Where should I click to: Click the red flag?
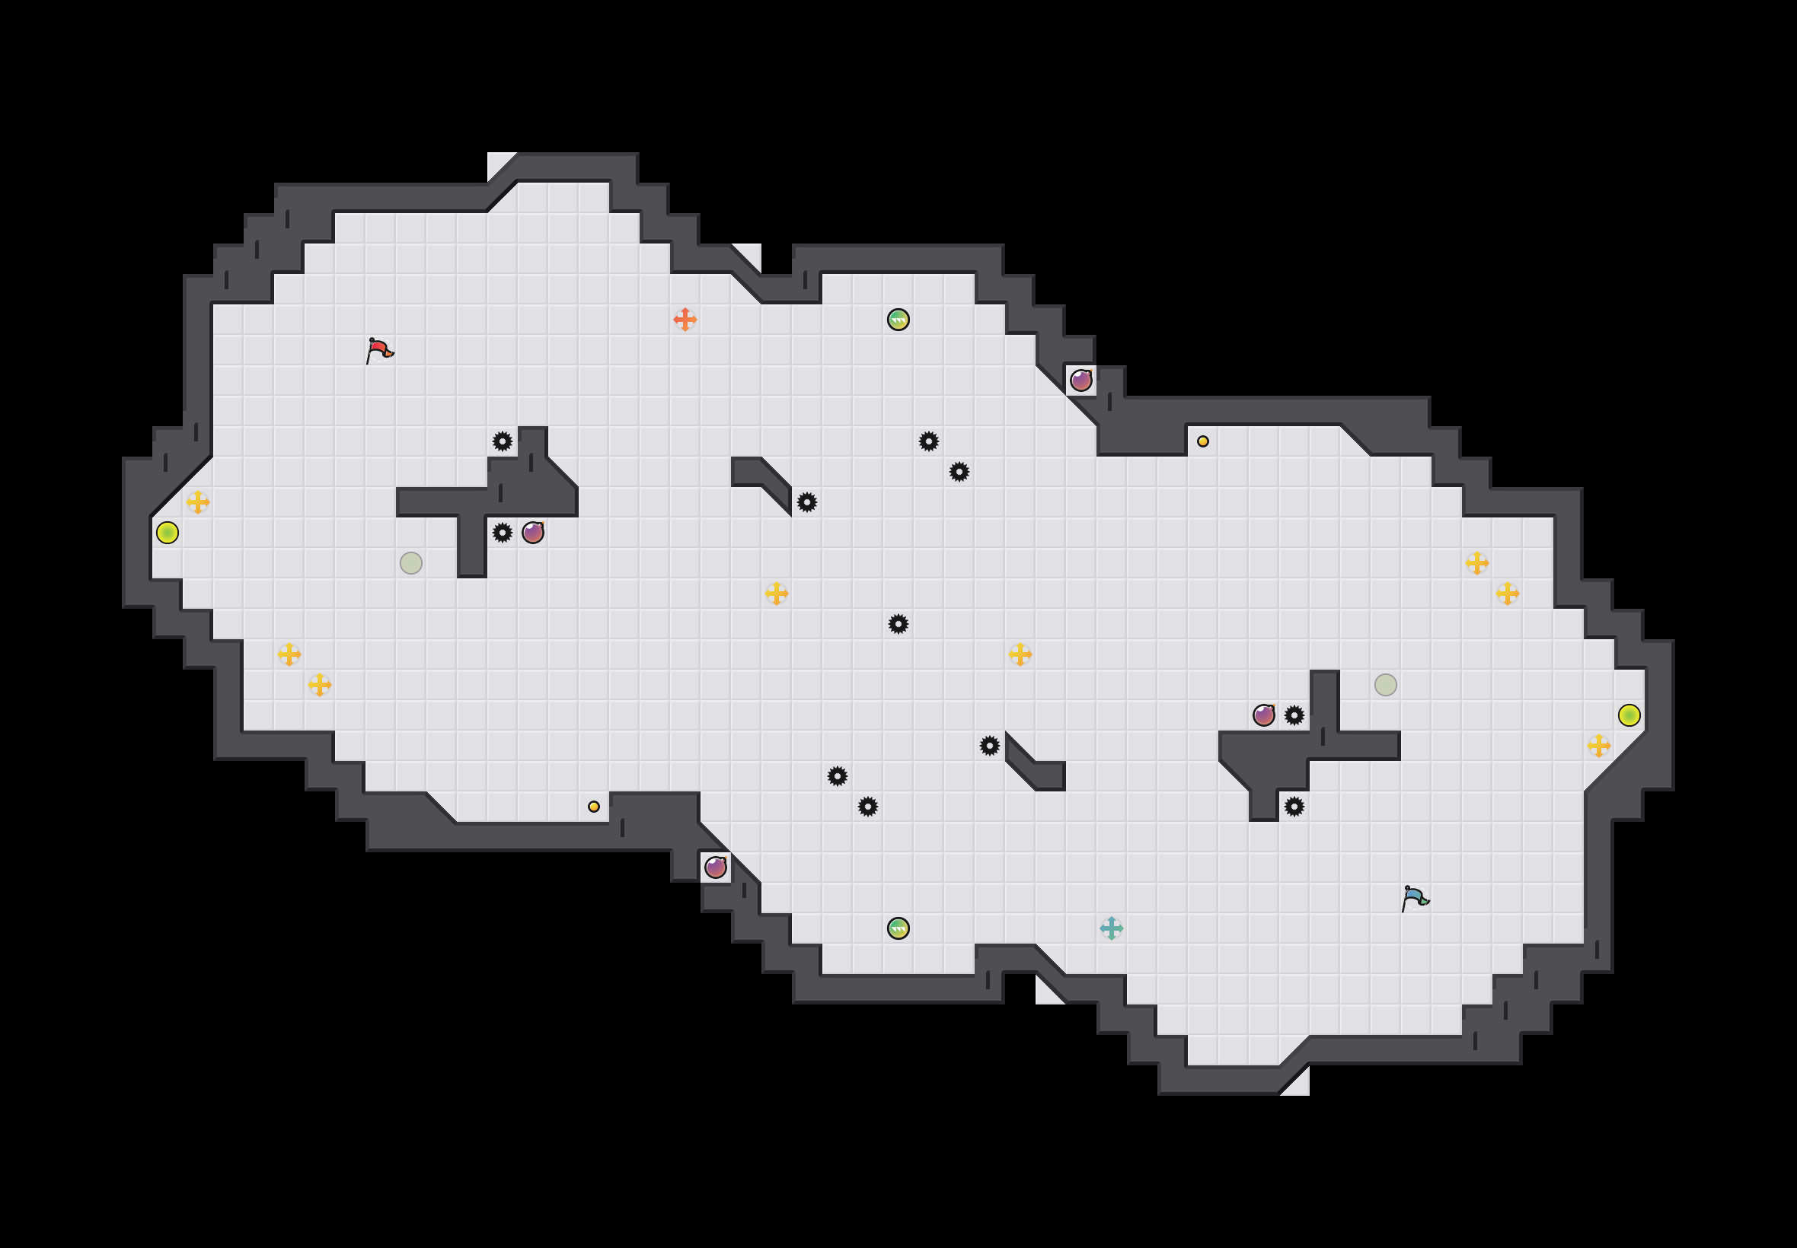pos(379,350)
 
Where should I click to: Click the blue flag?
pos(1415,898)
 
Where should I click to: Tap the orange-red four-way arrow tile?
pos(685,319)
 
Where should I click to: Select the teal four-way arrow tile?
pos(1111,928)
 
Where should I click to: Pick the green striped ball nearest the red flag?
pos(898,319)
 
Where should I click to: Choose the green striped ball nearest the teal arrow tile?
pos(898,928)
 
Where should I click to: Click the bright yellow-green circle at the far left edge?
pos(168,533)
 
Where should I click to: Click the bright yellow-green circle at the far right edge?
pos(1629,715)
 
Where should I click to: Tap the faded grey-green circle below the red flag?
pos(410,563)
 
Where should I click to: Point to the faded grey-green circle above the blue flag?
pos(1386,685)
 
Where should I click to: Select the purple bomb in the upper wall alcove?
pos(1081,380)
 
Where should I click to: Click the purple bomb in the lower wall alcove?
pos(715,868)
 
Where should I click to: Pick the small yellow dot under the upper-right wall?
pos(1202,441)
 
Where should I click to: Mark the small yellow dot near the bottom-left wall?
pos(594,806)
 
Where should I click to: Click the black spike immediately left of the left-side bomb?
pos(503,533)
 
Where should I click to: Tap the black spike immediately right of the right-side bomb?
pos(1294,715)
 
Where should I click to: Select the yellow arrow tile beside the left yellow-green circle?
pos(198,502)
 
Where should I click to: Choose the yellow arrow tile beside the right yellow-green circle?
pos(1598,745)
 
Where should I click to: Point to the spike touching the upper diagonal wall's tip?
pos(806,502)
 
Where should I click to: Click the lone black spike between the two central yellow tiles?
pos(898,624)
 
